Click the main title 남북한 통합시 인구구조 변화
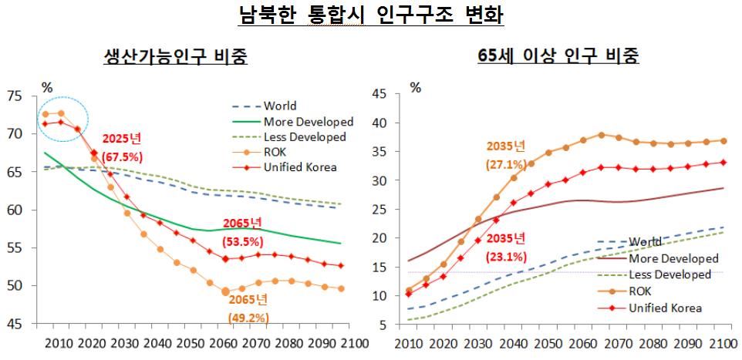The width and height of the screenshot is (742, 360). coord(372,15)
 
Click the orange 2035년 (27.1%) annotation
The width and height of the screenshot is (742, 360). coord(506,154)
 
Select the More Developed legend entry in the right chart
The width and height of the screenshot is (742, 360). coord(666,258)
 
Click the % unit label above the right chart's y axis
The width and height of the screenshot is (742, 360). coord(417,87)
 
